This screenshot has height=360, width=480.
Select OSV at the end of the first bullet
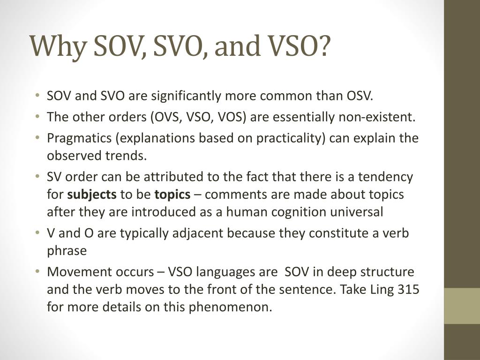[360, 96]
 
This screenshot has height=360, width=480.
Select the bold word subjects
[92, 195]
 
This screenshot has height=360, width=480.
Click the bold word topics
[172, 195]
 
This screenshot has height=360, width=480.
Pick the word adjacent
[204, 233]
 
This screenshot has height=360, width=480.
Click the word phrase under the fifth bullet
[67, 251]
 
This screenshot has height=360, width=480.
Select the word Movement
[76, 272]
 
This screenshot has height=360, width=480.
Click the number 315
[408, 289]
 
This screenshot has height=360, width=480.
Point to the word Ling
[382, 289]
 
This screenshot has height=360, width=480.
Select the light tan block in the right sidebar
[462, 306]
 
